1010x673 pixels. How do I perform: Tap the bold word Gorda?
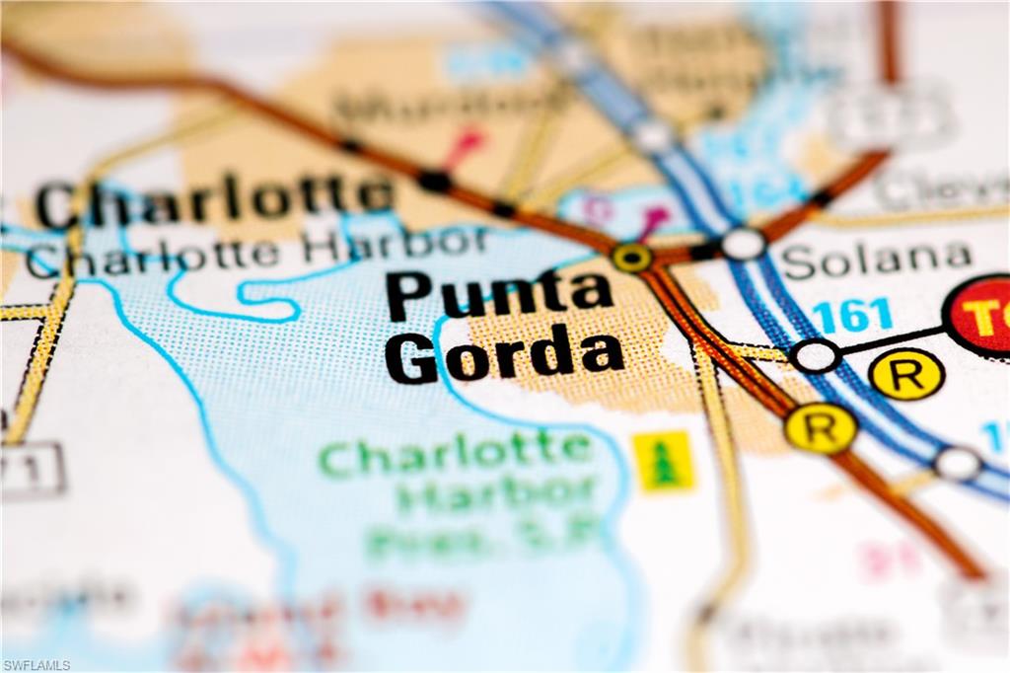coord(503,356)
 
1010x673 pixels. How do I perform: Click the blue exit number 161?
coord(852,316)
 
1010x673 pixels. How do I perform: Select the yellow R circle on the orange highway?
coord(820,427)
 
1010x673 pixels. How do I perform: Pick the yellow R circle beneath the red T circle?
coord(906,374)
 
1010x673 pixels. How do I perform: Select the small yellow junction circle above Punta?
coord(631,258)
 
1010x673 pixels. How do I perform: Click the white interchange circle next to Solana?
coord(744,243)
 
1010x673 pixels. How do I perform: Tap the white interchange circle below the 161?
coord(816,355)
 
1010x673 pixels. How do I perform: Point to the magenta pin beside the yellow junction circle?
coord(653,219)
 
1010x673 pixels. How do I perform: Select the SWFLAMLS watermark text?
coord(36,665)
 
